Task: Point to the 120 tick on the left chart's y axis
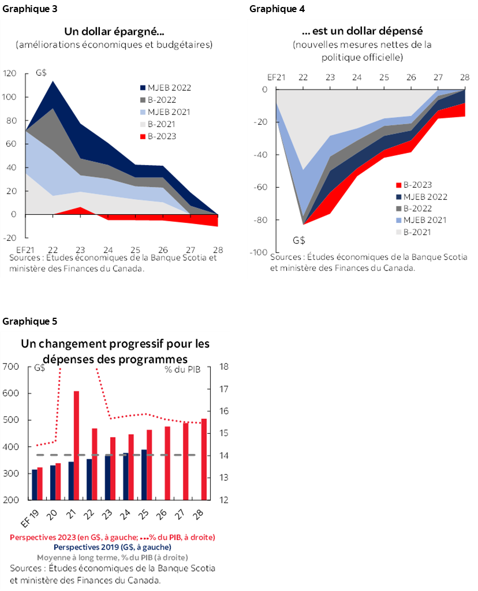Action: pyautogui.click(x=10, y=73)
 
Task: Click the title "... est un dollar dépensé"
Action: pyautogui.click(x=362, y=31)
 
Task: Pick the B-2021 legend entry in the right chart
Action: pyautogui.click(x=421, y=232)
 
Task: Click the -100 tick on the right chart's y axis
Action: pyautogui.click(x=258, y=252)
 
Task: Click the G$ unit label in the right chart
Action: pyautogui.click(x=299, y=239)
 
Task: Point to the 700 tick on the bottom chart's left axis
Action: pyautogui.click(x=11, y=367)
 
